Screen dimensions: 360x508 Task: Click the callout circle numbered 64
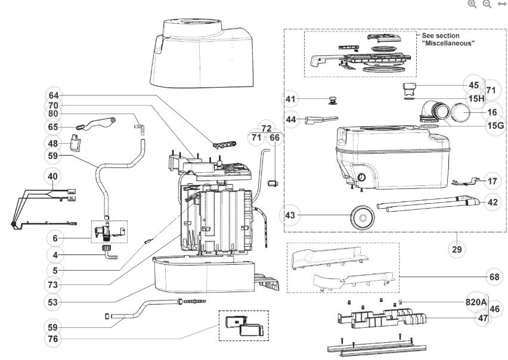pyautogui.click(x=54, y=95)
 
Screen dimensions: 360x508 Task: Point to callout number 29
pyautogui.click(x=457, y=249)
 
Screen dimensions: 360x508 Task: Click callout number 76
pyautogui.click(x=54, y=339)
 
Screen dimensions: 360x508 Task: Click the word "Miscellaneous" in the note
pyautogui.click(x=449, y=43)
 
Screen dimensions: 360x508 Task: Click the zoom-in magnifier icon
pyautogui.click(x=472, y=4)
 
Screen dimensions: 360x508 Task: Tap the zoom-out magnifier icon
pyautogui.click(x=487, y=4)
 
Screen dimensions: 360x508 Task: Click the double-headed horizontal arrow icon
pyautogui.click(x=501, y=4)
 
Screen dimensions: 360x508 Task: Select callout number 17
pyautogui.click(x=492, y=180)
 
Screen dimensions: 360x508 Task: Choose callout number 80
pyautogui.click(x=54, y=114)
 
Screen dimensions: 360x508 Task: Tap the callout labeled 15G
pyautogui.click(x=494, y=126)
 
